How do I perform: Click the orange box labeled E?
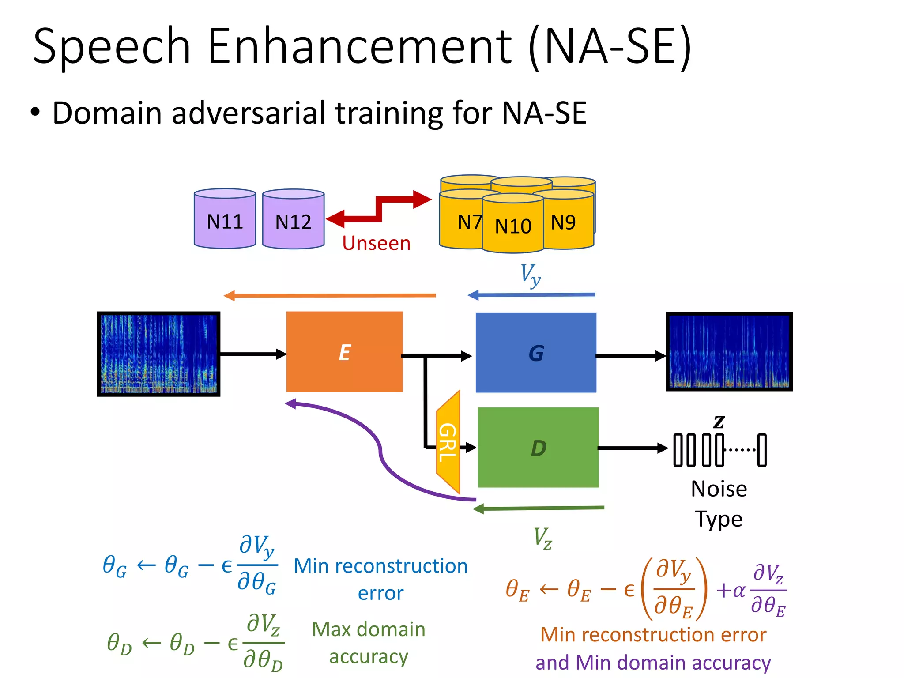click(344, 352)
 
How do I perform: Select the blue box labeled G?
click(536, 353)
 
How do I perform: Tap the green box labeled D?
click(538, 447)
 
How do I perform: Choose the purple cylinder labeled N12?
click(293, 220)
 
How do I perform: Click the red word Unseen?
click(376, 243)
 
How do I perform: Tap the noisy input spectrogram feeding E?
click(158, 354)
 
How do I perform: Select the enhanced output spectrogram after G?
click(729, 351)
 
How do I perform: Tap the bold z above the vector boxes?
click(719, 422)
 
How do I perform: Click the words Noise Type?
click(719, 503)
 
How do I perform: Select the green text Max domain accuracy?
click(369, 642)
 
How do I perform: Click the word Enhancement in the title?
click(359, 46)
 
